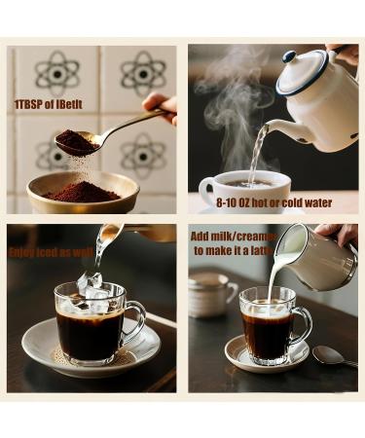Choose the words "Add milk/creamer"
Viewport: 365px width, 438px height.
point(233,236)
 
